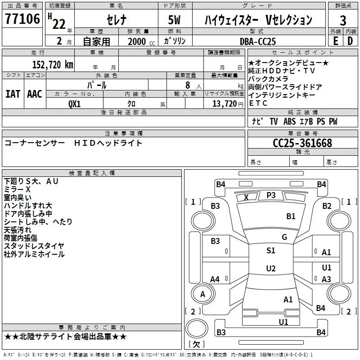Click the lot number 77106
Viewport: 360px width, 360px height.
23,19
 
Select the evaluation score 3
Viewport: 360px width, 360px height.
343,20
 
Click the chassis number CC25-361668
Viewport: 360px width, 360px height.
302,143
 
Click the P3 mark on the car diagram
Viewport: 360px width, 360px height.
271,195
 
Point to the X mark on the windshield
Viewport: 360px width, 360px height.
246,198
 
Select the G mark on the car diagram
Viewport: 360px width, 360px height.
284,237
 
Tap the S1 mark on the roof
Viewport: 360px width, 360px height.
270,251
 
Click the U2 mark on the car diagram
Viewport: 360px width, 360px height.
270,269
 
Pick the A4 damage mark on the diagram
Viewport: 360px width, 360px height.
215,279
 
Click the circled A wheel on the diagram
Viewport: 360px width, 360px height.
202,294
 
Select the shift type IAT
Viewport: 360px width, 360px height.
12,94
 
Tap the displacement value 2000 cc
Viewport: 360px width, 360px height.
140,41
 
